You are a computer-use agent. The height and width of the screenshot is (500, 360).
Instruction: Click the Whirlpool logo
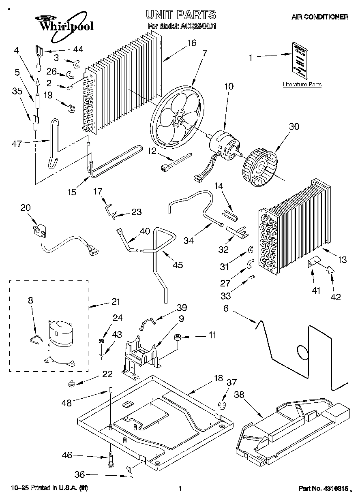point(65,25)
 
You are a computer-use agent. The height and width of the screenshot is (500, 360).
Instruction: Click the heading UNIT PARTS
point(181,15)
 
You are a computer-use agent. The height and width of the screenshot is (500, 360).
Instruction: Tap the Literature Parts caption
point(302,85)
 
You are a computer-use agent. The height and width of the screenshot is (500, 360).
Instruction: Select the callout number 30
point(294,127)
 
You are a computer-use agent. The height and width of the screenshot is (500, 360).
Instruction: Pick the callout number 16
point(192,42)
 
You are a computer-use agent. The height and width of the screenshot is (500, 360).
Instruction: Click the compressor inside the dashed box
point(60,340)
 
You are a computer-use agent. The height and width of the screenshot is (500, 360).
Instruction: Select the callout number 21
point(116,301)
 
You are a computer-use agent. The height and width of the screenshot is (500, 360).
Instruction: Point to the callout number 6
point(226,308)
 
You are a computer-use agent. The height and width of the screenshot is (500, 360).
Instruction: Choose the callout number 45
point(177,265)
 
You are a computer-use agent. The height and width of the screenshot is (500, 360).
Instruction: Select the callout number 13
point(343,260)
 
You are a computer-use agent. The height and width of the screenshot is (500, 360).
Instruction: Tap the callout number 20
point(26,207)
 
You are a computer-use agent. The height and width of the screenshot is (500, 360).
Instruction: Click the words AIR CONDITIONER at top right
point(320,17)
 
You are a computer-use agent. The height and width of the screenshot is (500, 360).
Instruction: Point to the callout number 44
point(77,49)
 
